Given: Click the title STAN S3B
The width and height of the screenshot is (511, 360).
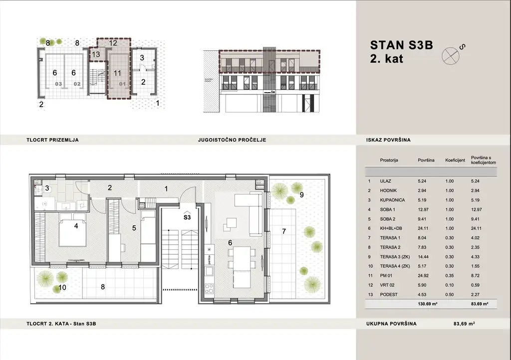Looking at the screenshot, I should [x=401, y=45].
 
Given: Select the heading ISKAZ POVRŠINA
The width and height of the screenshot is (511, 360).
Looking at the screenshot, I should [x=388, y=140].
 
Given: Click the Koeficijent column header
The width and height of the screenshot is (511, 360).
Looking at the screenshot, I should [x=455, y=161].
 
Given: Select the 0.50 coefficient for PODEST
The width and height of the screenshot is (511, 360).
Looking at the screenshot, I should [x=450, y=294].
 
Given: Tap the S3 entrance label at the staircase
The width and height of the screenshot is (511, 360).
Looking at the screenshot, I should [x=187, y=217].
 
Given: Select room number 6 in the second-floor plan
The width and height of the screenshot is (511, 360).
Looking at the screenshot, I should [x=230, y=242].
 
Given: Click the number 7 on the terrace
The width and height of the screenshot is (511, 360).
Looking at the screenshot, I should [x=283, y=231].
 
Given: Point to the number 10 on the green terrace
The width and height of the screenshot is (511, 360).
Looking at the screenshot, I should [x=62, y=287].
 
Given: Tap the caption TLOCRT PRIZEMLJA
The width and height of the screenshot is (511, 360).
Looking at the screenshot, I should [x=52, y=140].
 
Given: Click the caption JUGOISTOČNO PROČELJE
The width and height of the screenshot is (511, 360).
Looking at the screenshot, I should [x=232, y=140].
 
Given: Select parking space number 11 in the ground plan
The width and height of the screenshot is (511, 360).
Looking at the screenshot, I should [x=117, y=73].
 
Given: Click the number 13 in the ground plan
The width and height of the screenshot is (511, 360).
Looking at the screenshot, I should [x=96, y=54].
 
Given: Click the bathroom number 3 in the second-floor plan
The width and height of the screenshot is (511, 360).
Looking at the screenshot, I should [x=47, y=188].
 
